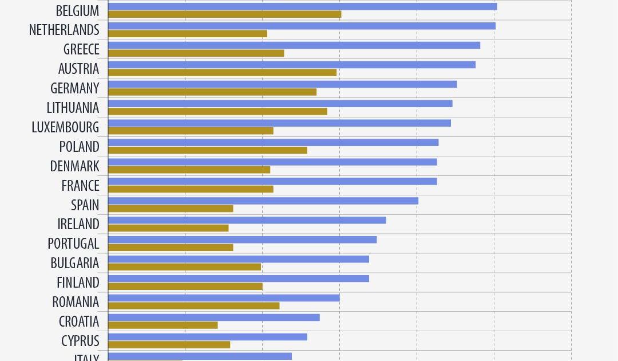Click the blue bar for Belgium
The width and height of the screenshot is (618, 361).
tap(302, 6)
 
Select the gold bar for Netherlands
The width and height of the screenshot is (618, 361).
tap(188, 34)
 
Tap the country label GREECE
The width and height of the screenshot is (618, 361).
tap(81, 49)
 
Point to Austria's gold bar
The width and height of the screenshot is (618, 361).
tap(222, 72)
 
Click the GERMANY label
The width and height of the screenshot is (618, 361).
tap(75, 88)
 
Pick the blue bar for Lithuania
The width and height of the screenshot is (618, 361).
tap(280, 104)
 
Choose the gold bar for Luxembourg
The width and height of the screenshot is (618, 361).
tap(191, 131)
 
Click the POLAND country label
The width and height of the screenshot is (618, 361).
tap(80, 147)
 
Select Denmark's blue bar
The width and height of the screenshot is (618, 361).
tap(272, 162)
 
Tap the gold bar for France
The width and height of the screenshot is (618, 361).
tap(191, 189)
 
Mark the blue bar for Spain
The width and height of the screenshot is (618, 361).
tap(263, 201)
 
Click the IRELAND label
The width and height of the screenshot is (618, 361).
tap(78, 224)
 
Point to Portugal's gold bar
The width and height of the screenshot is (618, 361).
tap(171, 248)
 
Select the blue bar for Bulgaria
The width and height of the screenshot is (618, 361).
tap(238, 259)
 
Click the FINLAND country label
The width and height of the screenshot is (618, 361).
tap(78, 282)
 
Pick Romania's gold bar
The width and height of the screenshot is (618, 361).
tap(193, 306)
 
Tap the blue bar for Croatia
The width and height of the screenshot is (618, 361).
tap(213, 317)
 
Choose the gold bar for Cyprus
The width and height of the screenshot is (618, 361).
tap(169, 345)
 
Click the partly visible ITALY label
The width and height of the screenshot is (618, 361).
tap(86, 358)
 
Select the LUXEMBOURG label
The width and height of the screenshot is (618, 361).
tap(65, 127)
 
